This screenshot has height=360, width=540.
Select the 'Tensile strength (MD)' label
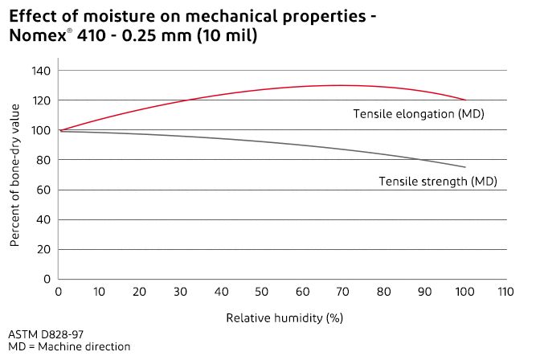(438, 182)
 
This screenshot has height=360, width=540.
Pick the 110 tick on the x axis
(505, 292)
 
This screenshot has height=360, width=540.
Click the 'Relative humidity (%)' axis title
(284, 317)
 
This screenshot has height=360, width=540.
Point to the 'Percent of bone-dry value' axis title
(16, 174)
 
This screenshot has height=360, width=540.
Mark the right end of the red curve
(465, 100)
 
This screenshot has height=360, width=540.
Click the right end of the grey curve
(465, 167)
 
